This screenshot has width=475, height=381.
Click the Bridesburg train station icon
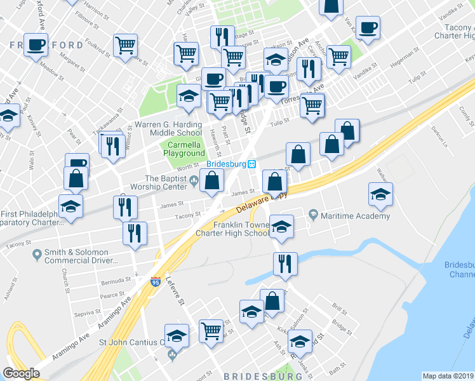[x=252, y=164]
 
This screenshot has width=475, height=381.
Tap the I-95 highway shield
[x=156, y=281]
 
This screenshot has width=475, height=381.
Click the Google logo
[x=21, y=373]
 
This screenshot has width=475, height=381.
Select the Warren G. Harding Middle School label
[x=168, y=128]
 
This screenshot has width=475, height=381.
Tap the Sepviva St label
[x=83, y=313]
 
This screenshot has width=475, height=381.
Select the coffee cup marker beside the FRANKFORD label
[x=36, y=45]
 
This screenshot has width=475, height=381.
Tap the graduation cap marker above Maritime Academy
[x=380, y=194]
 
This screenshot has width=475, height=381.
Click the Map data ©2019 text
[x=448, y=375]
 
